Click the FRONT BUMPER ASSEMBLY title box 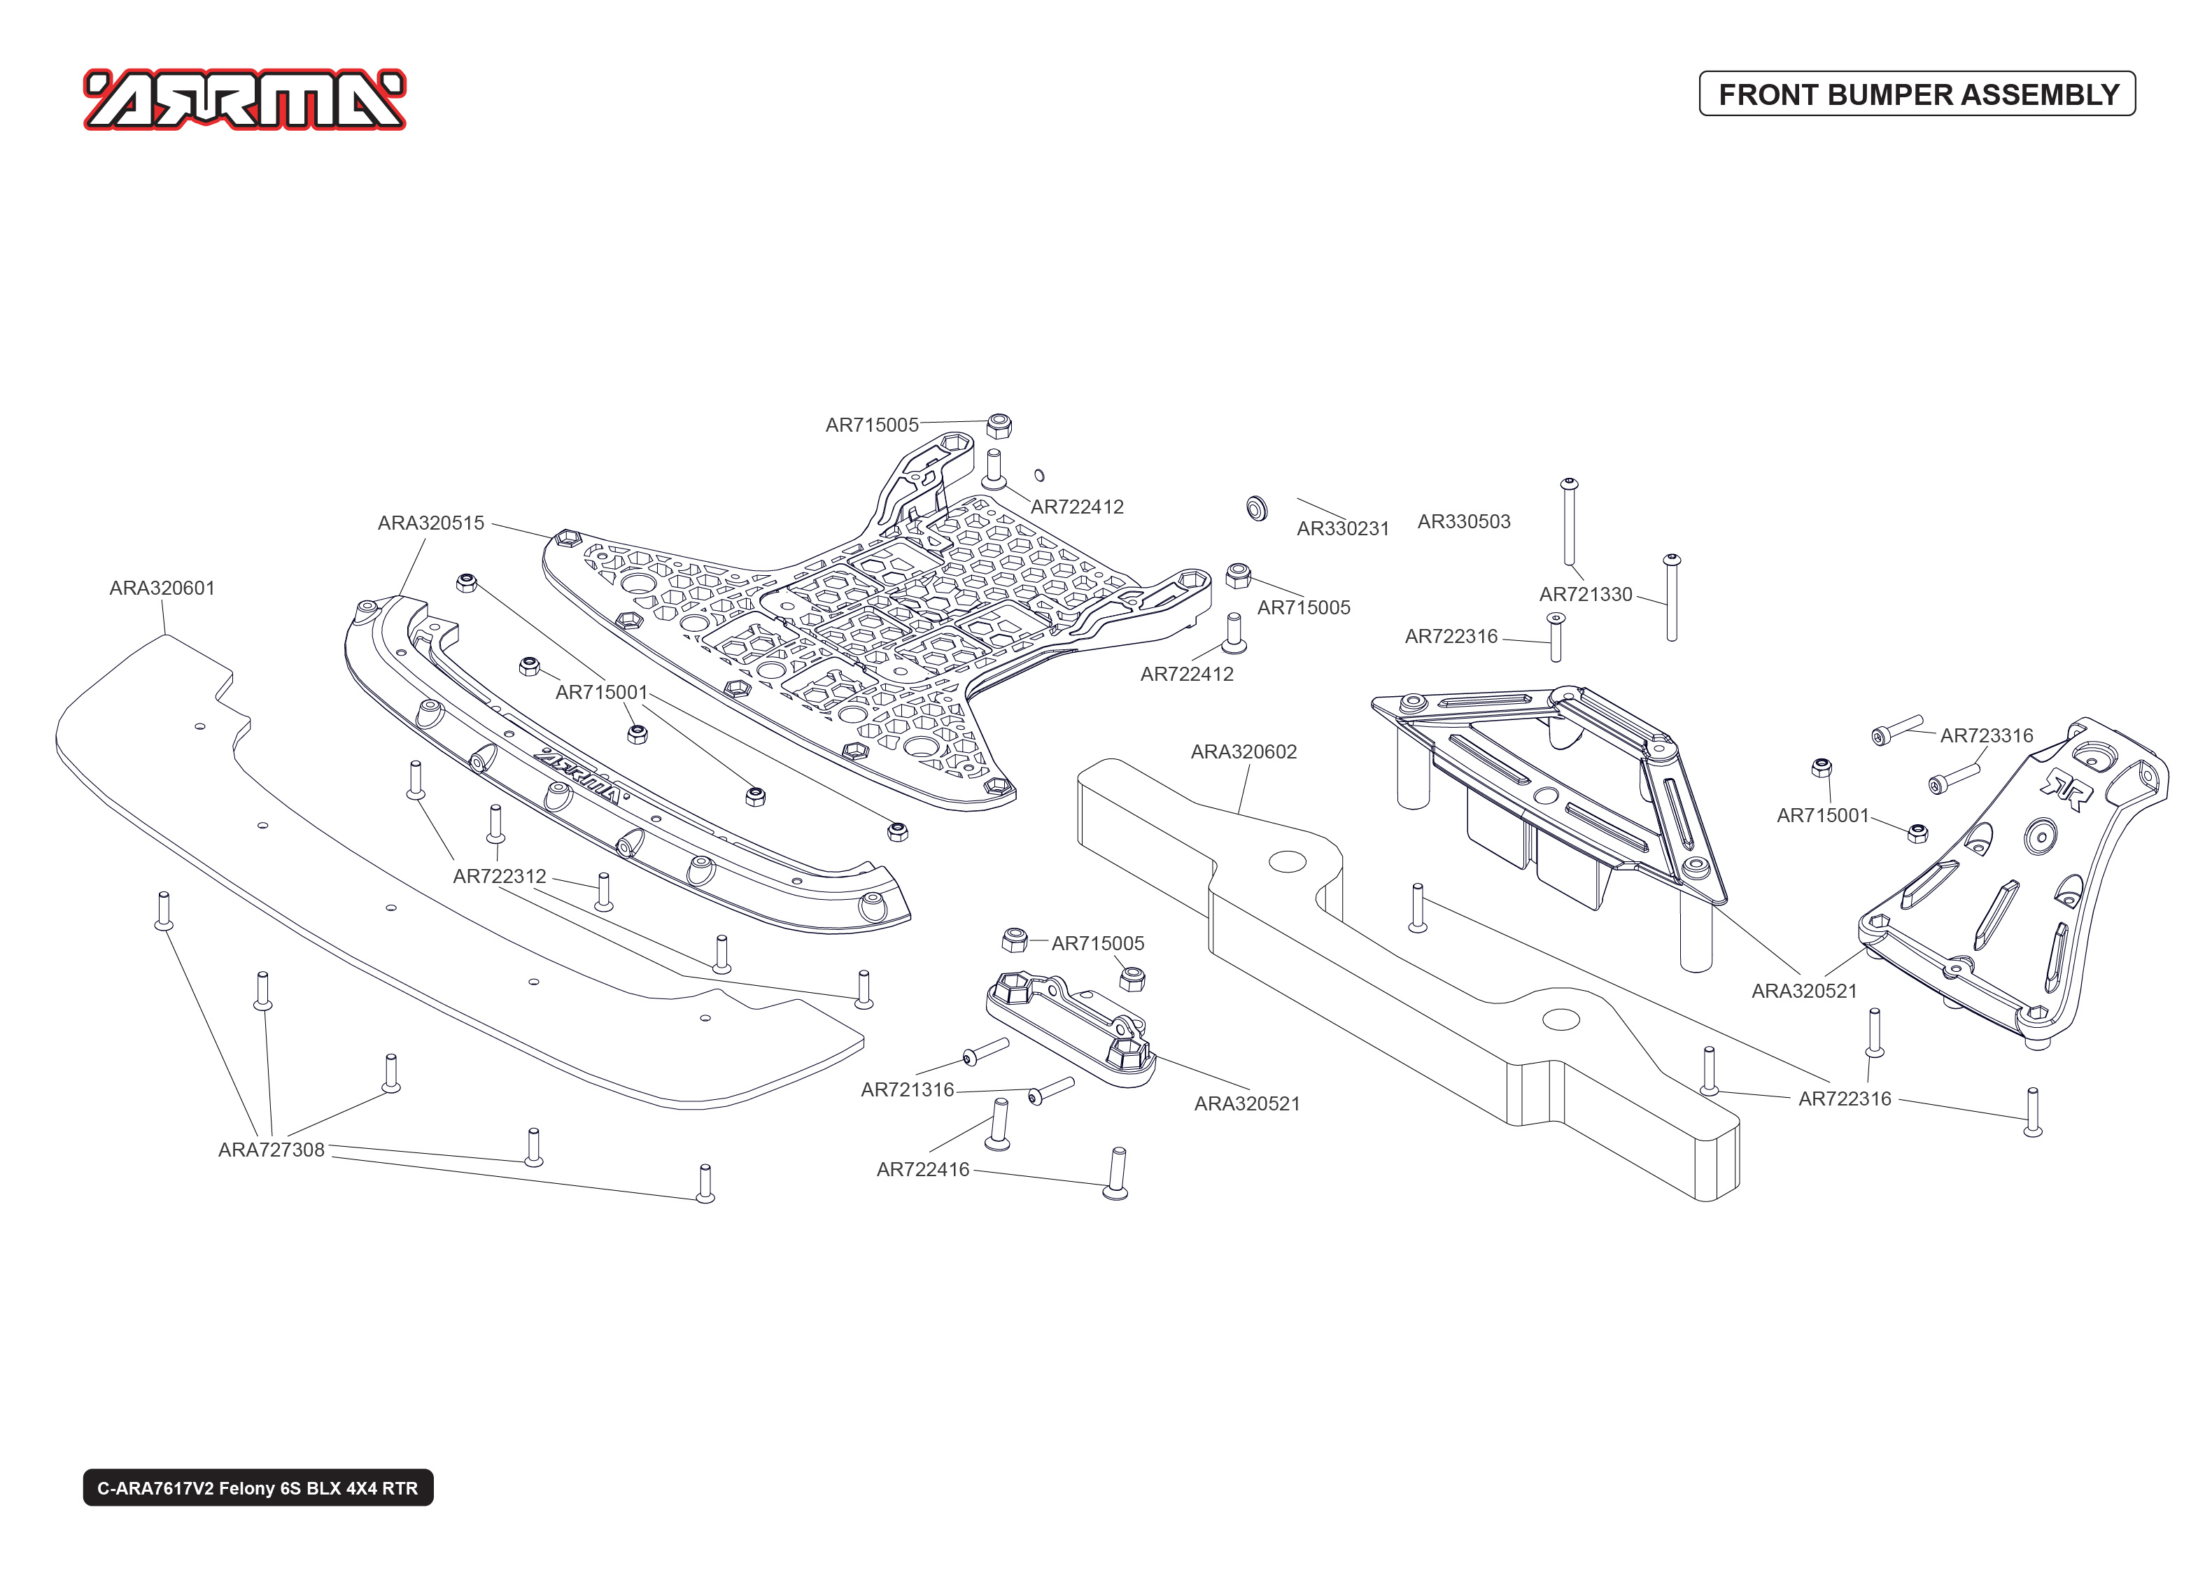1916,94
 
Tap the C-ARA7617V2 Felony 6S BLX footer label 258,1488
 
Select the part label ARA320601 162,588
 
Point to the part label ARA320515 430,523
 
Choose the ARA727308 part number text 271,1150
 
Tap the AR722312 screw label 500,876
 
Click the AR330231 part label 1342,528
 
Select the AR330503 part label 1463,522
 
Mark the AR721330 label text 1586,595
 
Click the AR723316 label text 1986,736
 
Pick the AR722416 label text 922,1170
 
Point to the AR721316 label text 907,1090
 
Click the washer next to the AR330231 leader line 1257,508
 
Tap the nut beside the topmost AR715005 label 999,425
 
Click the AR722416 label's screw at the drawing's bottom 1115,1175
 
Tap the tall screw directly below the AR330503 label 1569,523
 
